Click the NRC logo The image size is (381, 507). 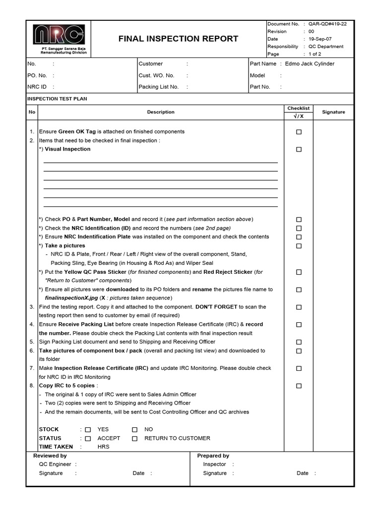point(59,35)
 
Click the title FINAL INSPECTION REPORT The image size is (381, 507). point(178,39)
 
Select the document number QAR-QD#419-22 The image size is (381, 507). point(327,24)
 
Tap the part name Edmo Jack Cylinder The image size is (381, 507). point(310,64)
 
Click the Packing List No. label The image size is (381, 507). point(158,87)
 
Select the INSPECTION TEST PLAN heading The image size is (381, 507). point(57,99)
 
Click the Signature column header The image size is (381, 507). point(333,112)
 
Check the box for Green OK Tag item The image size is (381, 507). point(299,132)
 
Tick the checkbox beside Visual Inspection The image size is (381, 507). point(299,150)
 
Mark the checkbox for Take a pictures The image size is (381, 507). point(299,246)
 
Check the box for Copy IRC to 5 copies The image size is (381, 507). point(299,386)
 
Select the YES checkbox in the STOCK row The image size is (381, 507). point(88,430)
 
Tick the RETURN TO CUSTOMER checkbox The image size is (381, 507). point(134,439)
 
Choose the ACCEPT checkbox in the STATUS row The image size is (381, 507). point(88,439)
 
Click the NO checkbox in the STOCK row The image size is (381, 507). point(134,430)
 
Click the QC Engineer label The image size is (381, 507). point(55,464)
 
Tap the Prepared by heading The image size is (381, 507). point(213,456)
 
